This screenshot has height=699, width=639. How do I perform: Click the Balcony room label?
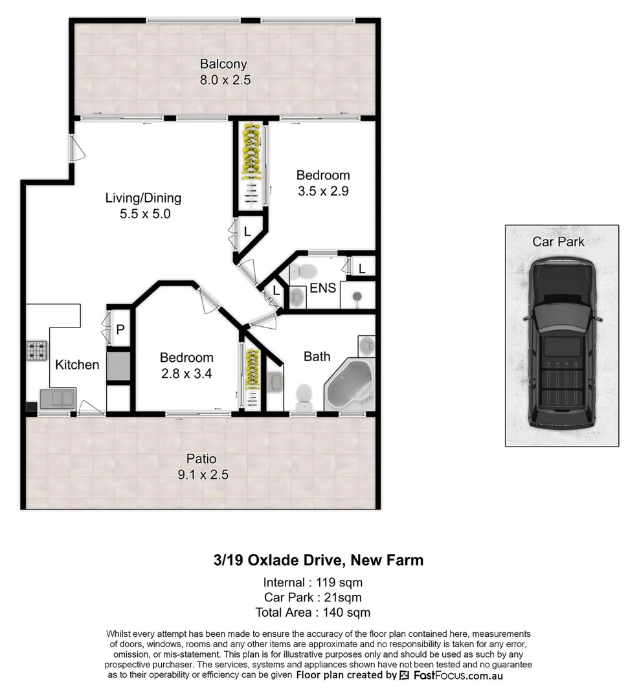[x=223, y=64]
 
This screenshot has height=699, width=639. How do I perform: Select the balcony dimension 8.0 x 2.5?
[x=225, y=80]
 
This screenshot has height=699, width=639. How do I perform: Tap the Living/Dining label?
[x=143, y=198]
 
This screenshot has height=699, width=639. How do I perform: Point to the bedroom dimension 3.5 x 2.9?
[x=323, y=191]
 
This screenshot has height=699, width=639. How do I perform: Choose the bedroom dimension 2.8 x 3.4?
[x=186, y=373]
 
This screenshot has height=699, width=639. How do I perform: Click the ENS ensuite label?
[x=322, y=287]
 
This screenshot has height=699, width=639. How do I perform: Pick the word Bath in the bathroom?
[x=317, y=357]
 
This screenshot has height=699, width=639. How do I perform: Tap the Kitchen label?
[x=77, y=364]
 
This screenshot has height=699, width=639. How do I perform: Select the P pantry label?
[x=120, y=329]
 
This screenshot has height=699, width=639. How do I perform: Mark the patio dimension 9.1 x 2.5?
[x=202, y=474]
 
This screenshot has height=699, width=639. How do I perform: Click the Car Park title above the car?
[x=558, y=241]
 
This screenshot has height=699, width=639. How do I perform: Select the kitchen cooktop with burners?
[x=38, y=351]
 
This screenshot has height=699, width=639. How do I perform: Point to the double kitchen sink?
[x=58, y=399]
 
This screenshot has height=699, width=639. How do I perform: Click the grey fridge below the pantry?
[x=119, y=365]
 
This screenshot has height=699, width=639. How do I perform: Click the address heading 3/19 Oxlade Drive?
[x=318, y=560]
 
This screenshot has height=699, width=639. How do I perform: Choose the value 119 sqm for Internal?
[x=339, y=581]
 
